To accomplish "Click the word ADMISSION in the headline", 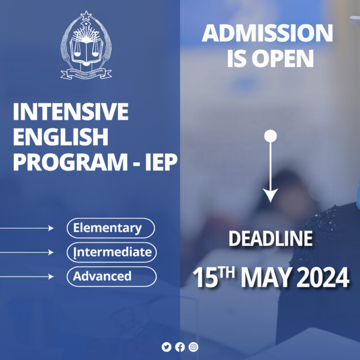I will click(x=267, y=33).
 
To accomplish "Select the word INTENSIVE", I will click(x=70, y=112).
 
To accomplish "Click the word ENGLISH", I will click(x=60, y=137).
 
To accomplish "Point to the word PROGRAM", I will click(x=70, y=162).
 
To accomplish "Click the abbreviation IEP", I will click(x=157, y=162).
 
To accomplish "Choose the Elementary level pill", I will click(x=111, y=228).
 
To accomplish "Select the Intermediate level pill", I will click(x=112, y=252).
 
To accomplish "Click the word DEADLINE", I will click(x=271, y=238).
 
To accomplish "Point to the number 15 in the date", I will click(x=204, y=278).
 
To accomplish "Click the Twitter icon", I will click(x=166, y=347).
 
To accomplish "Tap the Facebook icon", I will click(x=180, y=347).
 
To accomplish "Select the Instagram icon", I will click(x=194, y=347).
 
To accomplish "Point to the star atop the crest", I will click(x=86, y=16).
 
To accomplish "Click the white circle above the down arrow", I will click(x=270, y=136).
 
